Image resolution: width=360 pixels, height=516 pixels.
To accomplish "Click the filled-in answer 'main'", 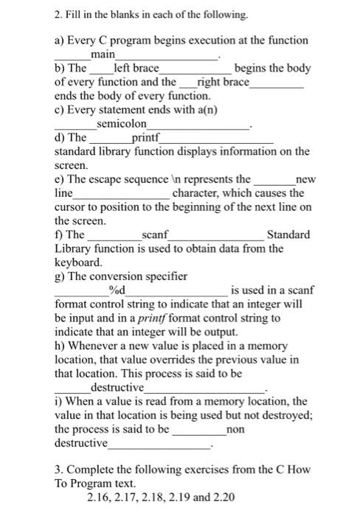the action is point(103,55).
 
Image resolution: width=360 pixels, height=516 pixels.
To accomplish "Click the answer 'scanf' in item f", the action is point(155,234).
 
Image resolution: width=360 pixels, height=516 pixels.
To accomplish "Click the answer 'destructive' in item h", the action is point(117,387).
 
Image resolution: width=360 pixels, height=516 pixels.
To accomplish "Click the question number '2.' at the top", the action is point(60,14).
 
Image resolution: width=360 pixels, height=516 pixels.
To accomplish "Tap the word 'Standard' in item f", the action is point(288,234).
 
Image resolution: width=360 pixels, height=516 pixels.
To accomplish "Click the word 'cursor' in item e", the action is point(72,206).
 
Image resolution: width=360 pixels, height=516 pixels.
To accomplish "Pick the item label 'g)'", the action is point(60,276).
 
